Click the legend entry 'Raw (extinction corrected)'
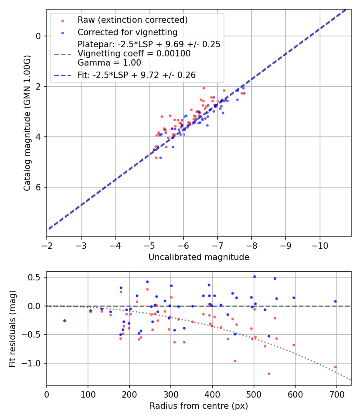(x=132, y=20)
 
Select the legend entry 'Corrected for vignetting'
(x=127, y=32)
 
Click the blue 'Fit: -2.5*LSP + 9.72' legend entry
(x=136, y=74)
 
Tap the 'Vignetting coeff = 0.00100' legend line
(x=134, y=54)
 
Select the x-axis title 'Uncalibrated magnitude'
(x=199, y=257)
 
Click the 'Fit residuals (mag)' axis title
(x=12, y=328)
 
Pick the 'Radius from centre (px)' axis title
(x=199, y=406)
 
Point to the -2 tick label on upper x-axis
(x=47, y=245)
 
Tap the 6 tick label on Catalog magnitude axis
(x=39, y=187)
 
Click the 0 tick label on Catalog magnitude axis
(x=39, y=36)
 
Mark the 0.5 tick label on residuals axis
(x=36, y=277)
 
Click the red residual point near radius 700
(x=335, y=367)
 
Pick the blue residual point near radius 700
(x=335, y=301)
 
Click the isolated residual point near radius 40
(x=64, y=320)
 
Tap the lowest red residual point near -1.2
(x=269, y=374)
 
